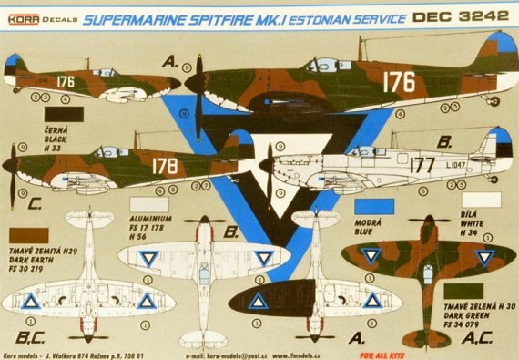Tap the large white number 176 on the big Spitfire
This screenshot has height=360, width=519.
coord(398,82)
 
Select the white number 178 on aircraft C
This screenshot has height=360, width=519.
coord(166,166)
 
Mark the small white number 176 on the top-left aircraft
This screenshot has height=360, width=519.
coord(65,80)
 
